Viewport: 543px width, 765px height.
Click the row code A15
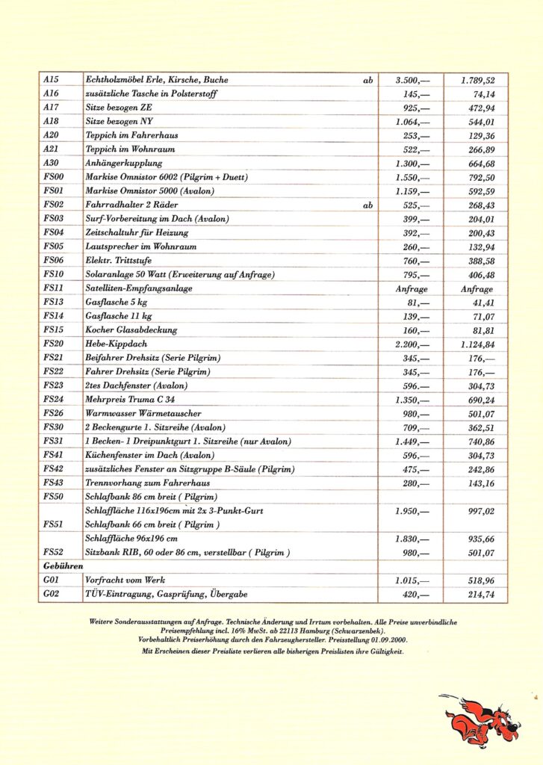[x=51, y=80]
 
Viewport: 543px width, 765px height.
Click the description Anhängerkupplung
[x=124, y=163]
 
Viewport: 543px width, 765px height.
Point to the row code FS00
[x=54, y=177]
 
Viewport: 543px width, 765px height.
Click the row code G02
[x=52, y=594]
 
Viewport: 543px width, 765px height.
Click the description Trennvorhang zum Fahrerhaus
[x=147, y=483]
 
